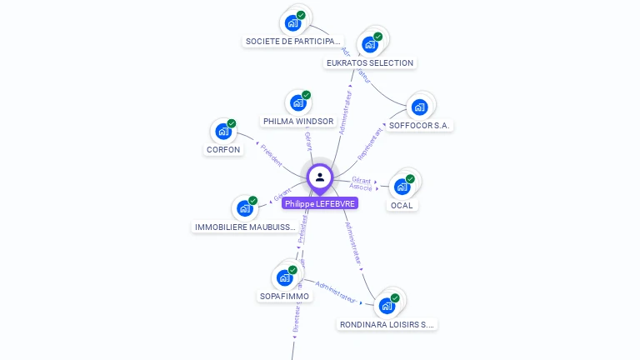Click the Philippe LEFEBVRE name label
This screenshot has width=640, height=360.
pyautogui.click(x=320, y=203)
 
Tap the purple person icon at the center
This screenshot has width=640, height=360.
pyautogui.click(x=320, y=177)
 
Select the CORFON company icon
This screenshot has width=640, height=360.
pyautogui.click(x=223, y=131)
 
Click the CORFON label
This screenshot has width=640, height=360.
pyautogui.click(x=223, y=150)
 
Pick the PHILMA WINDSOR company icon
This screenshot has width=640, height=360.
pyautogui.click(x=297, y=102)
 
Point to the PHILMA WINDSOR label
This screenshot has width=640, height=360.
pyautogui.click(x=298, y=122)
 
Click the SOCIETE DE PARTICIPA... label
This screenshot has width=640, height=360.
pyautogui.click(x=292, y=41)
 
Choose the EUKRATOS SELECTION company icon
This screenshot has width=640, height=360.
pyautogui.click(x=369, y=44)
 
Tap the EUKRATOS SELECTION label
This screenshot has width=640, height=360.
pyautogui.click(x=370, y=63)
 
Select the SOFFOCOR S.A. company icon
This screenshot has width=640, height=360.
pyautogui.click(x=419, y=107)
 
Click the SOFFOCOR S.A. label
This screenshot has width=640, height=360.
pyautogui.click(x=420, y=126)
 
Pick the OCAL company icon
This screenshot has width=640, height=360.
pyautogui.click(x=402, y=187)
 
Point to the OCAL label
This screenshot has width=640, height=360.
pyautogui.click(x=402, y=205)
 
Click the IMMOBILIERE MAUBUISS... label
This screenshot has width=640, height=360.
pyautogui.click(x=245, y=227)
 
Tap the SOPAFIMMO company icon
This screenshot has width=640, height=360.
pyautogui.click(x=284, y=277)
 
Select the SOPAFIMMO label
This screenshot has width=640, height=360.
pyautogui.click(x=284, y=296)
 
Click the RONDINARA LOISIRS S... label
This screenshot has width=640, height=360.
pyautogui.click(x=387, y=324)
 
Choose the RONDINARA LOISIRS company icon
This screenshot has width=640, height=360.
pyautogui.click(x=387, y=305)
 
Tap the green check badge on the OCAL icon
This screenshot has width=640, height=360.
pyautogui.click(x=410, y=178)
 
